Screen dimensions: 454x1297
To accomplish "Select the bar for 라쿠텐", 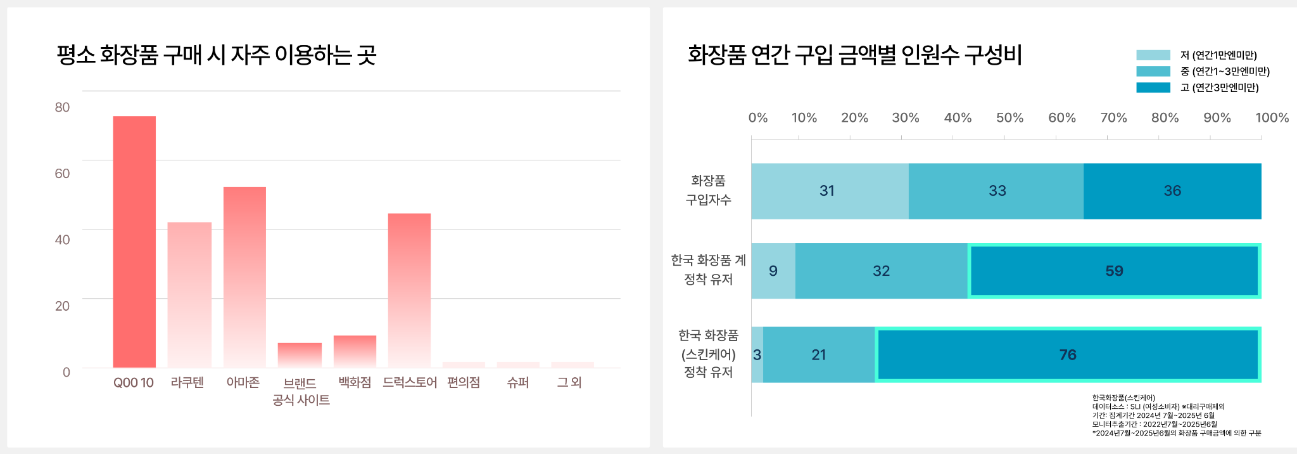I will click(x=189, y=294).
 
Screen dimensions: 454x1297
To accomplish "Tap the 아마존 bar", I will click(x=244, y=276).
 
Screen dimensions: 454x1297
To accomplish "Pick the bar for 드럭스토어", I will click(x=409, y=290).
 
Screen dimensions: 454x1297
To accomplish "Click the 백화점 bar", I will click(x=355, y=351).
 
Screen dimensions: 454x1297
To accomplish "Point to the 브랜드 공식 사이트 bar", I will click(x=300, y=354).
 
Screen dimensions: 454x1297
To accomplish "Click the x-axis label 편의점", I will click(x=464, y=382).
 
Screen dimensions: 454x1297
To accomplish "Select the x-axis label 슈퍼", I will click(x=518, y=382).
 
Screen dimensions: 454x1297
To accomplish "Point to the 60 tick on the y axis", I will click(x=62, y=174).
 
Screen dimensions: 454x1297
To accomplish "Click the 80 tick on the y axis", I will click(x=62, y=107).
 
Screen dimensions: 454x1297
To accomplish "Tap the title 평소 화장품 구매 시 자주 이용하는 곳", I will click(x=217, y=55).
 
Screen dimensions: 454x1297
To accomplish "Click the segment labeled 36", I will click(x=1172, y=191).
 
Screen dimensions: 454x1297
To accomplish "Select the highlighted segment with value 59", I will click(x=1114, y=271).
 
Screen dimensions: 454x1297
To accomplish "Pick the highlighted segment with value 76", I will click(x=1068, y=355).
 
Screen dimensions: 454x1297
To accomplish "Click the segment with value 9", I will click(x=773, y=271).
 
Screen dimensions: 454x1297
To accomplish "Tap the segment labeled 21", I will click(x=819, y=355).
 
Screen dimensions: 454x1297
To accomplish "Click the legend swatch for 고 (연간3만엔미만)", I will click(x=1153, y=88).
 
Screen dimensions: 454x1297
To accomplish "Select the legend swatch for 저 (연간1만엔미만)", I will click(x=1153, y=55).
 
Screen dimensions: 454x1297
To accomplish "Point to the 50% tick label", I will click(x=1009, y=118).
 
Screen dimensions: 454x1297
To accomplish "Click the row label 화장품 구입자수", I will click(x=708, y=190).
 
